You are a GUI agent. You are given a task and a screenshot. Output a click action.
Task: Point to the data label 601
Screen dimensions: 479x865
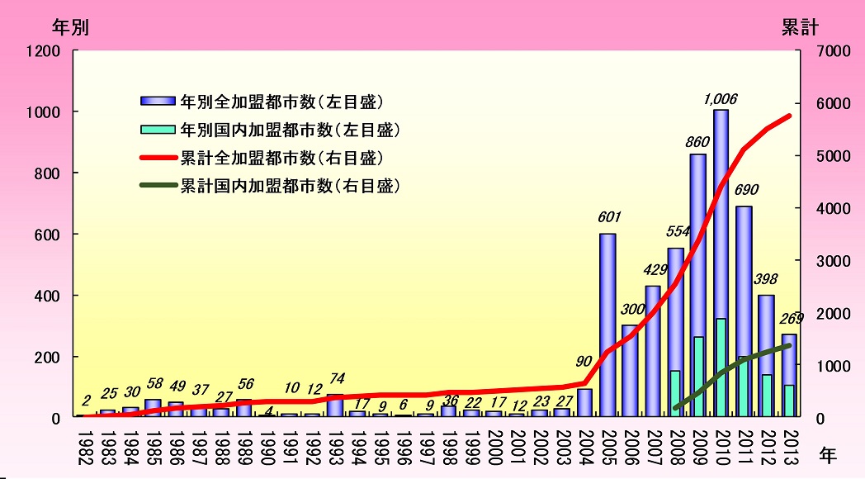click(607, 220)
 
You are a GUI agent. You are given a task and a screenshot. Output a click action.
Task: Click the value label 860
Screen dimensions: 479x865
click(698, 141)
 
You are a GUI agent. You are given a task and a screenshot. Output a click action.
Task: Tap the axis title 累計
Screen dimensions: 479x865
click(799, 26)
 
